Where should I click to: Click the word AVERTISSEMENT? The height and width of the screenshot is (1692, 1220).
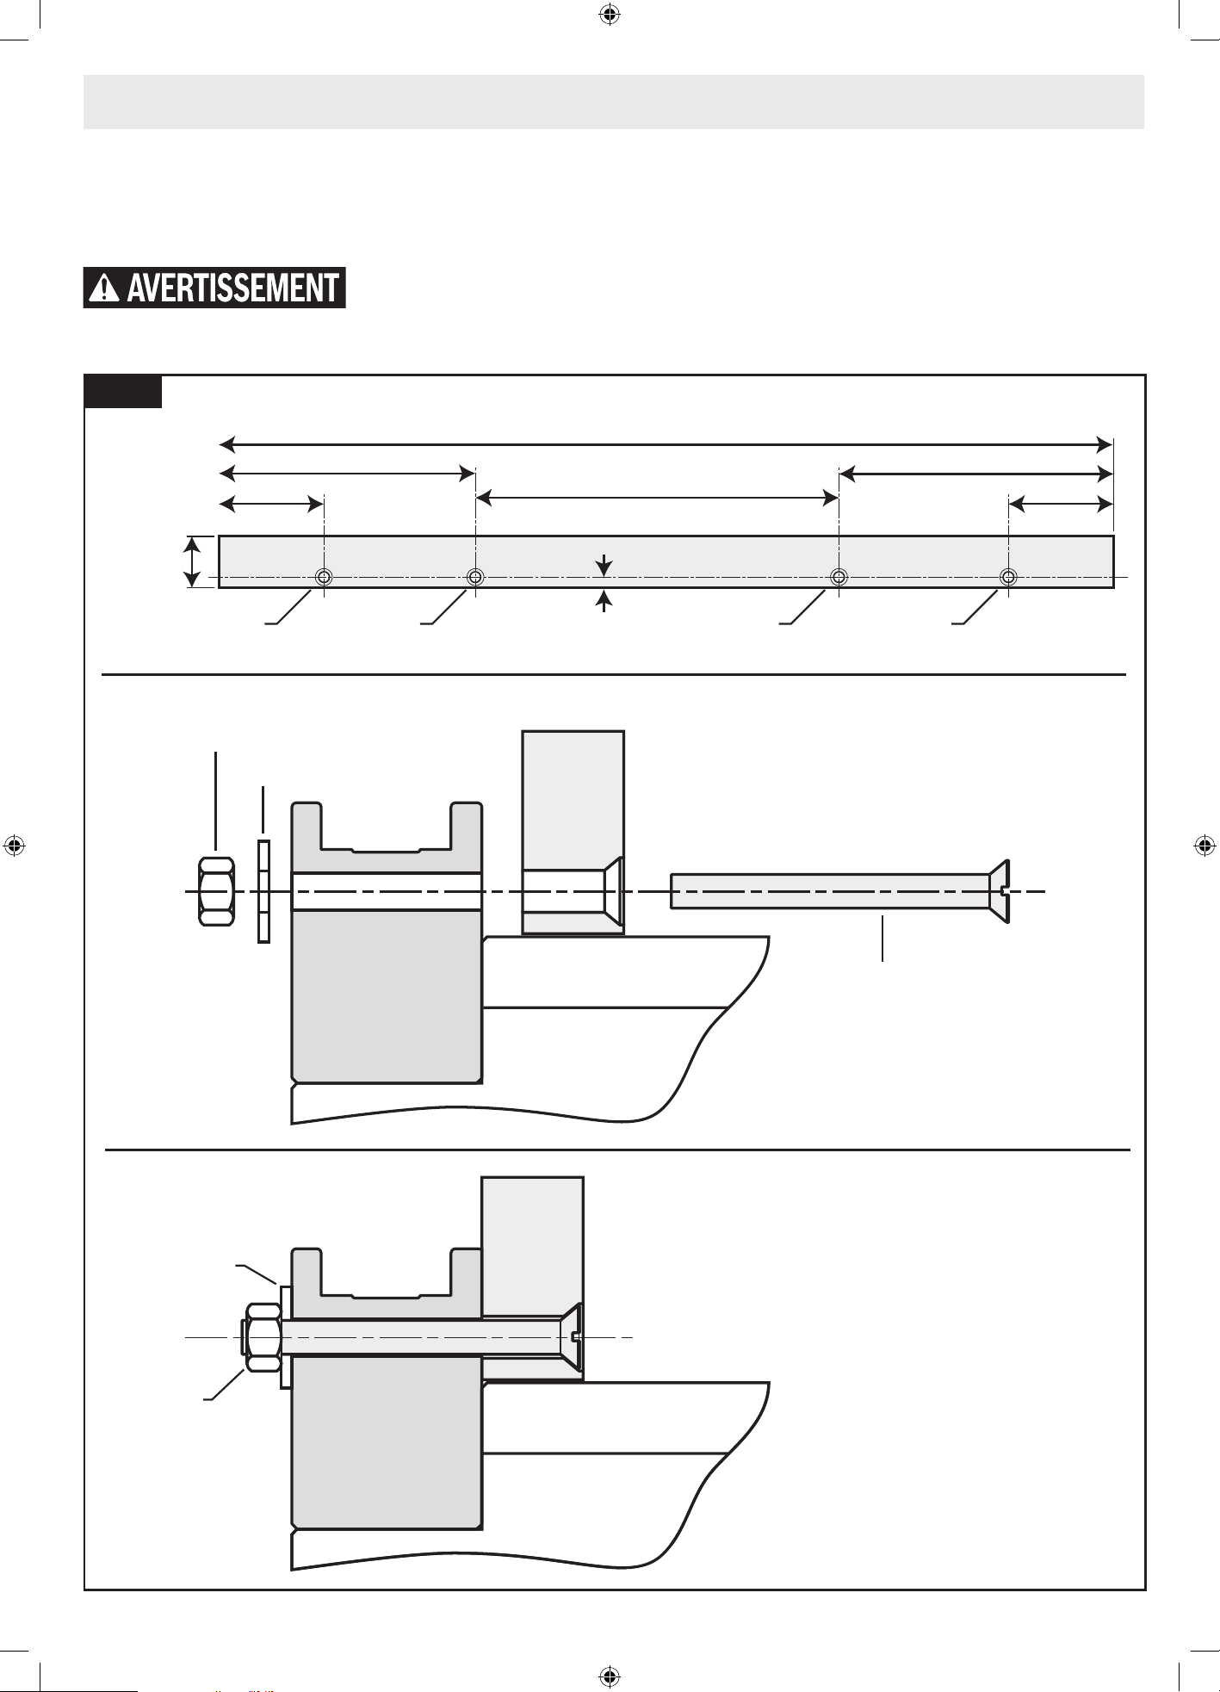pos(232,288)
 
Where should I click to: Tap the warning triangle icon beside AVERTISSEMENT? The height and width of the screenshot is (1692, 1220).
pos(104,288)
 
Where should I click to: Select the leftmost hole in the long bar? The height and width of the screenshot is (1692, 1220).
pos(323,577)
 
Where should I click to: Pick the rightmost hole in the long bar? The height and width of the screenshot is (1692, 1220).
pos(1008,577)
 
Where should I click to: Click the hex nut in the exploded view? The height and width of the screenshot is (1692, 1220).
pos(216,891)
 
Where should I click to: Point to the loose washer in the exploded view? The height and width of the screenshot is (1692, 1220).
pos(264,891)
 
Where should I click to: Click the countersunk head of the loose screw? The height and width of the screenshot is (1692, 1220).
pos(999,891)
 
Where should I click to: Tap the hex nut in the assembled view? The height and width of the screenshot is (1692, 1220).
pos(263,1337)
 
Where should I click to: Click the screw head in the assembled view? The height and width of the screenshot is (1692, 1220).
pos(572,1337)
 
